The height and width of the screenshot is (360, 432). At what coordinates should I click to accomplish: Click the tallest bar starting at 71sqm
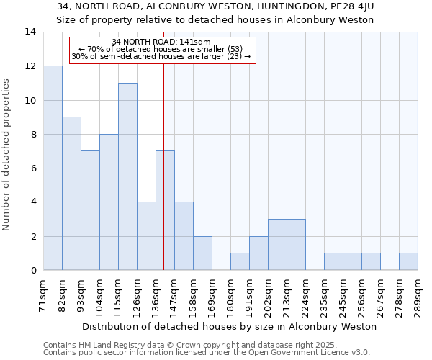click(53, 168)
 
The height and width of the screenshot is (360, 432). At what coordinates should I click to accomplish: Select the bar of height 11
click(127, 176)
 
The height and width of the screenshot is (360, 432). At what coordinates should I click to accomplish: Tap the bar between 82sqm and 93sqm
click(71, 193)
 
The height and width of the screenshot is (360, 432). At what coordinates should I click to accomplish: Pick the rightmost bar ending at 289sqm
click(408, 261)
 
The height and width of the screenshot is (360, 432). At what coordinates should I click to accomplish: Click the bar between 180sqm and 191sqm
click(240, 261)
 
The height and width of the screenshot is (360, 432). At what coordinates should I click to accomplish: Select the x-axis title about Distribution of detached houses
click(230, 326)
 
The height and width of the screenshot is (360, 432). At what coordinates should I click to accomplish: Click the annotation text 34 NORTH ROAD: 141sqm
click(161, 42)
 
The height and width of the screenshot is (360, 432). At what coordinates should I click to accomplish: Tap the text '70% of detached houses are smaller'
click(161, 49)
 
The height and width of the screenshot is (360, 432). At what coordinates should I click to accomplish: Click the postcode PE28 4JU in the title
click(352, 6)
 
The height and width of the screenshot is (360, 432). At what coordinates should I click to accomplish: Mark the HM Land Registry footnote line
click(194, 345)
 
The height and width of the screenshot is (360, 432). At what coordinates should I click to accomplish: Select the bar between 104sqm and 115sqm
click(109, 202)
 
